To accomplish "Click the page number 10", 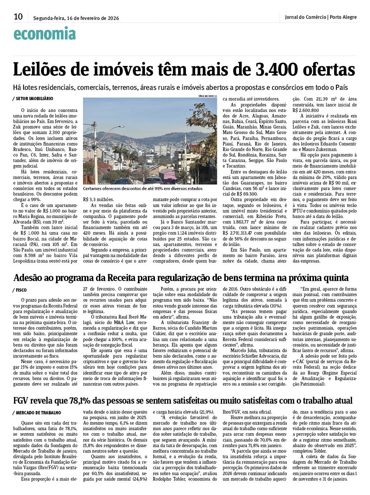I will (x=18, y=17).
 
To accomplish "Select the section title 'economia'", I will (x=45, y=34).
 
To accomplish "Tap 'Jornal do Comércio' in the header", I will (x=305, y=17).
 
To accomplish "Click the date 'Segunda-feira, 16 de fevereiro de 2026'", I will (x=76, y=18).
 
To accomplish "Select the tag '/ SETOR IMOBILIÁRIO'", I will (x=33, y=99).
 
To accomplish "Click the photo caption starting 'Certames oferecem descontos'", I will (x=143, y=189).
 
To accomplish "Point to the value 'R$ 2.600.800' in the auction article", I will (x=306, y=110).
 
